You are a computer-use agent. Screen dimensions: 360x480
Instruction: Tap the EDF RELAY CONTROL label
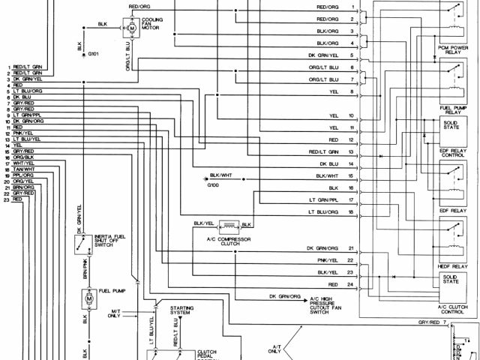click(x=452, y=156)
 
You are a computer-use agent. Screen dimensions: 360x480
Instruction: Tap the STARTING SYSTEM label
click(x=182, y=311)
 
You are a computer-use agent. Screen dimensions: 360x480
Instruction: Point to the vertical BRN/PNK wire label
click(x=79, y=269)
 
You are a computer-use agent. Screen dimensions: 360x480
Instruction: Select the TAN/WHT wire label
click(x=24, y=169)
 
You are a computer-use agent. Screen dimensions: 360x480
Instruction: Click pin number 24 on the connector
click(x=349, y=286)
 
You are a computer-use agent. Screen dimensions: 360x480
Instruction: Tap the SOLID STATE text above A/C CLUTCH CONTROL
click(x=452, y=279)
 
